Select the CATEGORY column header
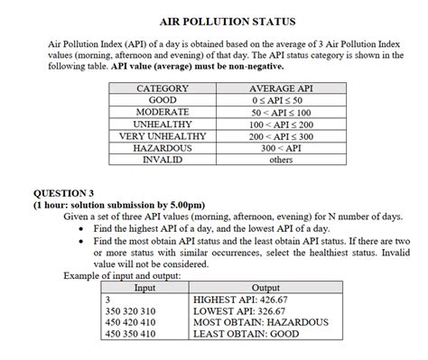point(162,88)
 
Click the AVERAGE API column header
point(281,88)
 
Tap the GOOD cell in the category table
point(162,100)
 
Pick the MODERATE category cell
point(162,112)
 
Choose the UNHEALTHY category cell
point(162,124)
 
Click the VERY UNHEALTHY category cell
point(162,135)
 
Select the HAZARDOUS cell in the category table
point(162,147)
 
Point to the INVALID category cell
point(162,159)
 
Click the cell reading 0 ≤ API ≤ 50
point(281,100)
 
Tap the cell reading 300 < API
point(281,147)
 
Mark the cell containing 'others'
point(281,159)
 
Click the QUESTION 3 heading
point(63,193)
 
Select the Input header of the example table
point(144,288)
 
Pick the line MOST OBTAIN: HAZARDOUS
point(261,322)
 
